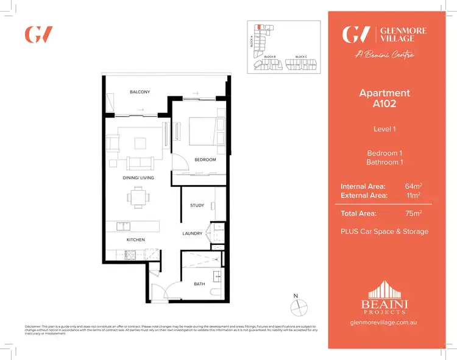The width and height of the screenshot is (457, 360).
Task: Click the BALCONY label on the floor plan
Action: (140, 92)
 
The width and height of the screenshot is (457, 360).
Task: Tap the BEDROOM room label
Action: (205, 160)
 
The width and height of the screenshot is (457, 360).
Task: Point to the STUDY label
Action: (197, 205)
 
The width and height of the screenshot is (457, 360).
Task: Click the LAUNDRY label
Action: (193, 233)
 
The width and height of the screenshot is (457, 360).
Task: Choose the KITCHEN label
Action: (135, 240)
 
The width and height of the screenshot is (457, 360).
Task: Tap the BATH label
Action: (199, 283)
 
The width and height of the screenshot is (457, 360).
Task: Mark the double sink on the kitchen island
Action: (124, 226)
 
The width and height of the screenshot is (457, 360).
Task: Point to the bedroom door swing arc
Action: (179, 163)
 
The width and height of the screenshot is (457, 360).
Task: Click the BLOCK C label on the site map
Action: (300, 57)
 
